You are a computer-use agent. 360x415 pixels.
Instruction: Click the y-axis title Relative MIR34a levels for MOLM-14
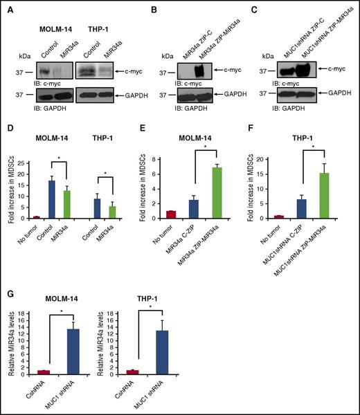point(10,344)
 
